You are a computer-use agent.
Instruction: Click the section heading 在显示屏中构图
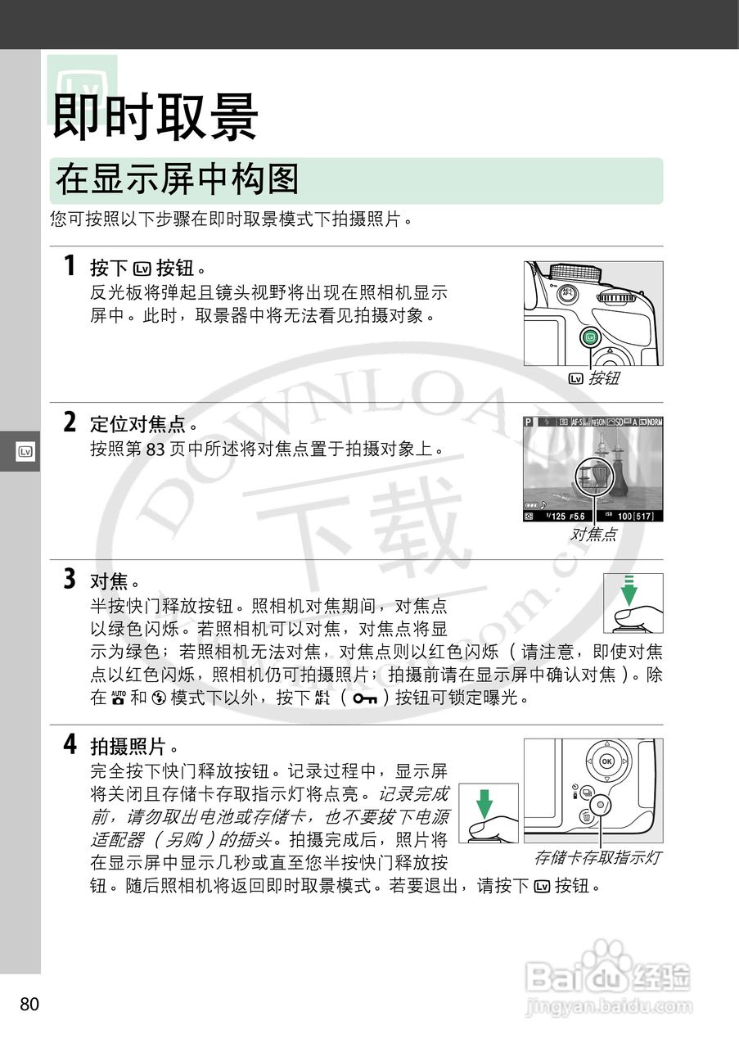(x=177, y=179)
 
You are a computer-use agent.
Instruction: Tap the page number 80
(x=29, y=1004)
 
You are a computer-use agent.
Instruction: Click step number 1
(x=70, y=266)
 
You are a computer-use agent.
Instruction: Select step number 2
(x=70, y=422)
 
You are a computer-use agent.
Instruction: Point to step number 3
(x=70, y=580)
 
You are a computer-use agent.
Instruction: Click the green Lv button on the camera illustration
(x=591, y=337)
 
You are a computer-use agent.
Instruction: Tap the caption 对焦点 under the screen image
(x=593, y=535)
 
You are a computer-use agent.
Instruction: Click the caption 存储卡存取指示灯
(x=597, y=857)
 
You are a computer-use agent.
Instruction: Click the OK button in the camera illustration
(x=606, y=761)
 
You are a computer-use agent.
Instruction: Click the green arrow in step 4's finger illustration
(x=485, y=802)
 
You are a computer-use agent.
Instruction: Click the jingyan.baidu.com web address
(x=609, y=1005)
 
